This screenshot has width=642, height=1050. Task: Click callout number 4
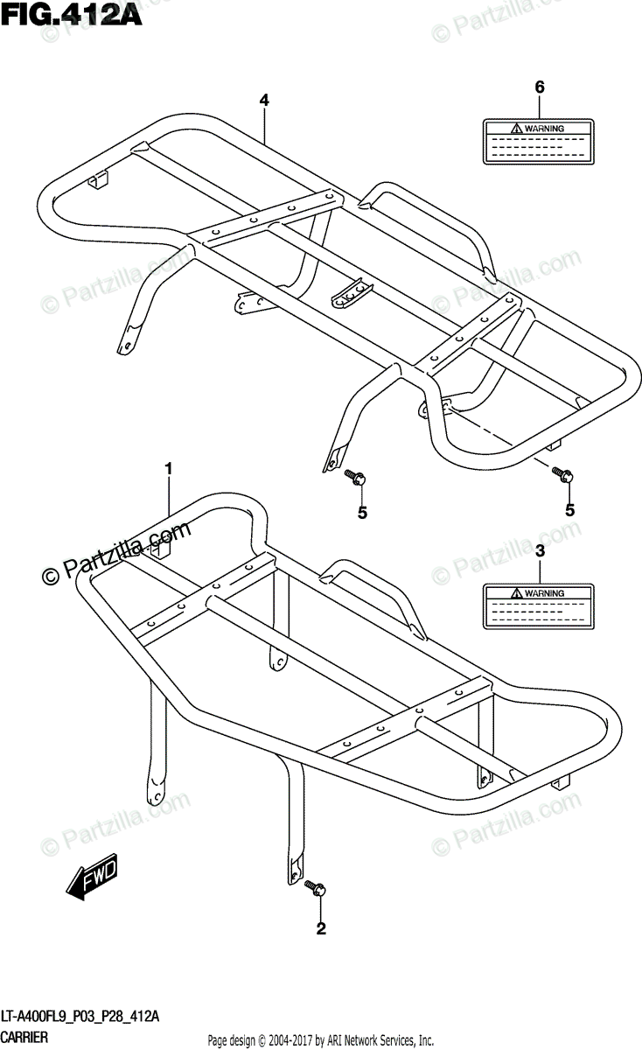pyautogui.click(x=263, y=101)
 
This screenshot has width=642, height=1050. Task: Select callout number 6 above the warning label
pyautogui.click(x=540, y=87)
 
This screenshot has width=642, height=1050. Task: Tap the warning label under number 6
pyautogui.click(x=540, y=140)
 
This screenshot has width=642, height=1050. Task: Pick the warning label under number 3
pyautogui.click(x=540, y=606)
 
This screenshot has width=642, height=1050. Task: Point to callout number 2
pyautogui.click(x=321, y=929)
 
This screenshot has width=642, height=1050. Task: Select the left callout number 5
pyautogui.click(x=361, y=513)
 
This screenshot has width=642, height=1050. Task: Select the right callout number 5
pyautogui.click(x=569, y=508)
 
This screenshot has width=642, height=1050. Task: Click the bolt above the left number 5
pyautogui.click(x=356, y=477)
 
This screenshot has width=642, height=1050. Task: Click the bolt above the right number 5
pyautogui.click(x=562, y=475)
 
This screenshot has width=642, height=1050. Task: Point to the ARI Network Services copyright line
pyautogui.click(x=320, y=1040)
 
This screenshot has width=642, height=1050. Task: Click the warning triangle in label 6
pyautogui.click(x=517, y=129)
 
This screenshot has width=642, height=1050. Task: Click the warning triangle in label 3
pyautogui.click(x=517, y=594)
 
